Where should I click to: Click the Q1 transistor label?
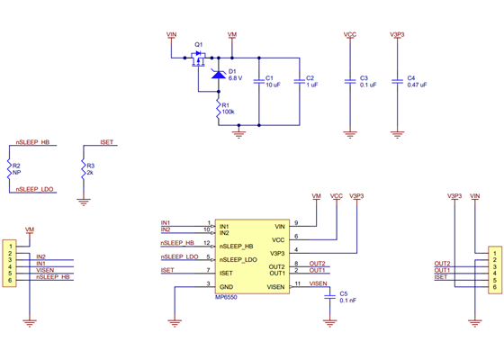[x=199, y=44]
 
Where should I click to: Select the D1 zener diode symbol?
[x=219, y=74]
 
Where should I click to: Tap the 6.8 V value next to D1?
[x=237, y=78]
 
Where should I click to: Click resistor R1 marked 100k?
[x=218, y=109]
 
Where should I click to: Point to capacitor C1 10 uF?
[x=259, y=81]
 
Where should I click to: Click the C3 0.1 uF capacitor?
[x=351, y=81]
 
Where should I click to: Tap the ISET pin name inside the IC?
[x=225, y=272]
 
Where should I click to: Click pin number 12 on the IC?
[x=206, y=242]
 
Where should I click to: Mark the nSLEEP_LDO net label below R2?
[x=36, y=189]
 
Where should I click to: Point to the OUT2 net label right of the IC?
[x=318, y=263]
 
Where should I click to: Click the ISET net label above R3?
[x=106, y=142]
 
